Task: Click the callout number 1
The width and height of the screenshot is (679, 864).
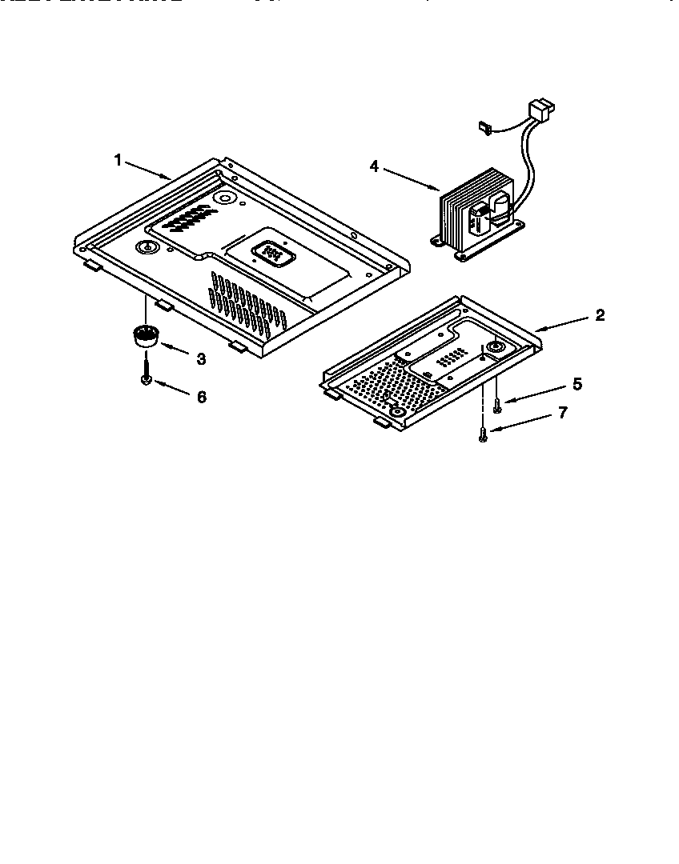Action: point(118,160)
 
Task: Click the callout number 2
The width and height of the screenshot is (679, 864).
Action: point(600,314)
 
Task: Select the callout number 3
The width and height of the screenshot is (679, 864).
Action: point(200,359)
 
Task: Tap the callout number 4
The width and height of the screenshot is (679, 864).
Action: point(374,166)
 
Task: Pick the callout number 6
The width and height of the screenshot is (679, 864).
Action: point(201,396)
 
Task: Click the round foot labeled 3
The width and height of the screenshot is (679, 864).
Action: point(143,336)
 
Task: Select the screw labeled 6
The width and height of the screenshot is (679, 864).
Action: point(146,373)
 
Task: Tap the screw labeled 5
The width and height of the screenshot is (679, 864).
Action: point(496,406)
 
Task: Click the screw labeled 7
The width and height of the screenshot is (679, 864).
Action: point(483,434)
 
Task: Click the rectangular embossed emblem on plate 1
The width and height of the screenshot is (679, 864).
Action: point(274,254)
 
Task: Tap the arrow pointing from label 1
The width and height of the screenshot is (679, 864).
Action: point(149,170)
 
